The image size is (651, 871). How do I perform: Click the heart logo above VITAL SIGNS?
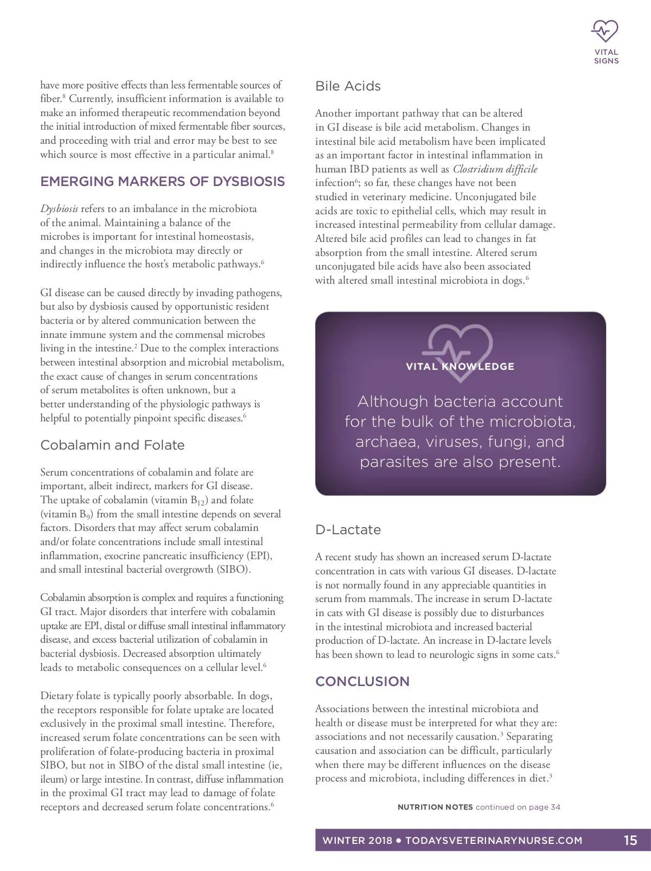pos(605,31)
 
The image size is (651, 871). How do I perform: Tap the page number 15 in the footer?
pos(630,841)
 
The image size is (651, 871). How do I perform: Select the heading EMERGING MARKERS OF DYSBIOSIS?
pos(162,181)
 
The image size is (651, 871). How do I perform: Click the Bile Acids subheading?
pos(348,86)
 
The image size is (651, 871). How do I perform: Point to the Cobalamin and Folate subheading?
pos(112,445)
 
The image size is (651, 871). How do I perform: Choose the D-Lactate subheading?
pos(348,530)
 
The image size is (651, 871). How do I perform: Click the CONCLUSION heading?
pos(362,682)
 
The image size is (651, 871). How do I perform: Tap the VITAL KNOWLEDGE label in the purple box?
pos(460,367)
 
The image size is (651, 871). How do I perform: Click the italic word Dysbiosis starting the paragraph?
pos(59,209)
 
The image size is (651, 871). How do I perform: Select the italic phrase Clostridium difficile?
pos(495,169)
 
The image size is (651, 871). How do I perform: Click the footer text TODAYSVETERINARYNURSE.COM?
pos(494,841)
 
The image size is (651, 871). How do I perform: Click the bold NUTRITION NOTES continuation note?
pos(435,807)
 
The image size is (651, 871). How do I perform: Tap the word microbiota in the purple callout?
pos(532,422)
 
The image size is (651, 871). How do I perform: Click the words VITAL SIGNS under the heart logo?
pos(606,57)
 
